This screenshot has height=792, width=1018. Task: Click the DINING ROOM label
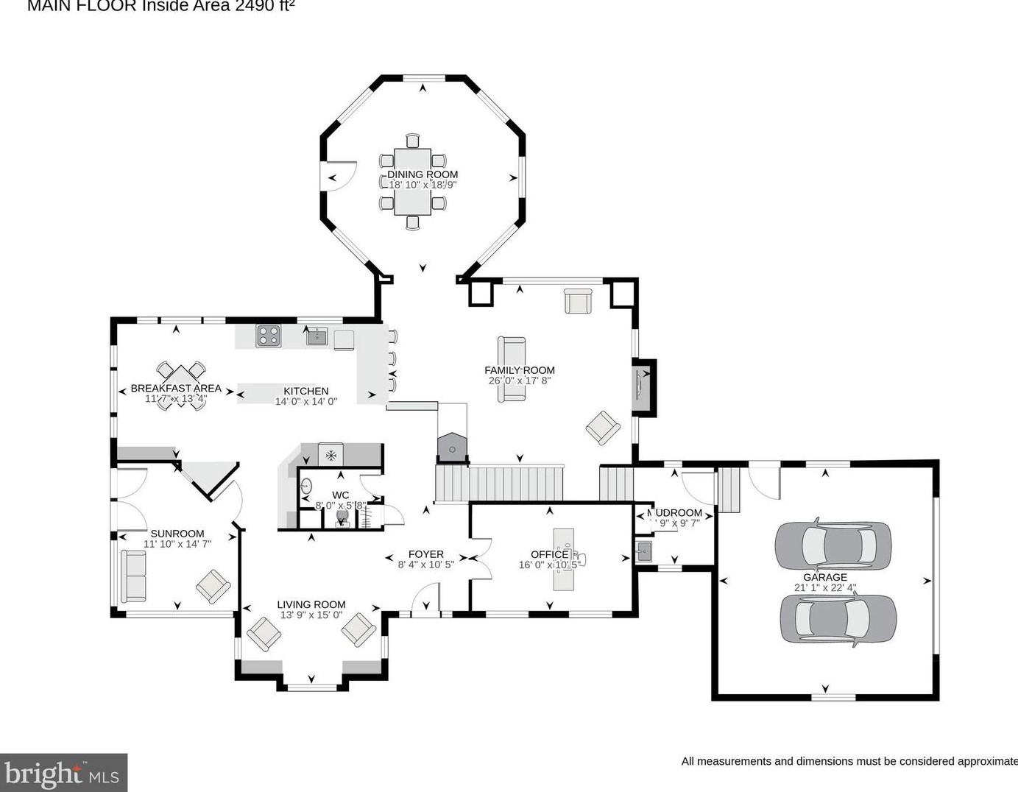click(x=423, y=174)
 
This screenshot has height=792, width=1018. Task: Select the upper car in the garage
click(x=833, y=545)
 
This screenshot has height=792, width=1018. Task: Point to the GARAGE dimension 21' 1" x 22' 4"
click(x=825, y=588)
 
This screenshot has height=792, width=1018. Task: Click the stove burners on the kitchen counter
click(x=268, y=336)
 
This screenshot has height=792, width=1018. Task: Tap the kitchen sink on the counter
click(x=317, y=337)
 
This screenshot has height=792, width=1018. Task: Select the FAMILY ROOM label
click(x=519, y=370)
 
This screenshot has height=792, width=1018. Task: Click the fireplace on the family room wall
click(x=642, y=388)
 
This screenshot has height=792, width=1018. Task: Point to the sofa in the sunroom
click(x=133, y=576)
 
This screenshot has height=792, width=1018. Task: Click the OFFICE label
click(x=549, y=554)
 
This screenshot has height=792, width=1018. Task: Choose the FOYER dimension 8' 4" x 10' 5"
click(x=425, y=565)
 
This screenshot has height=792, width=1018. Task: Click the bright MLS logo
click(x=63, y=773)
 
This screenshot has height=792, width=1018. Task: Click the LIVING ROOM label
click(x=311, y=604)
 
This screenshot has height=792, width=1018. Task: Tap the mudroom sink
click(x=644, y=551)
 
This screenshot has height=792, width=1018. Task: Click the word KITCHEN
click(x=306, y=391)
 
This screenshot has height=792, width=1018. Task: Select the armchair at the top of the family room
click(x=578, y=301)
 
